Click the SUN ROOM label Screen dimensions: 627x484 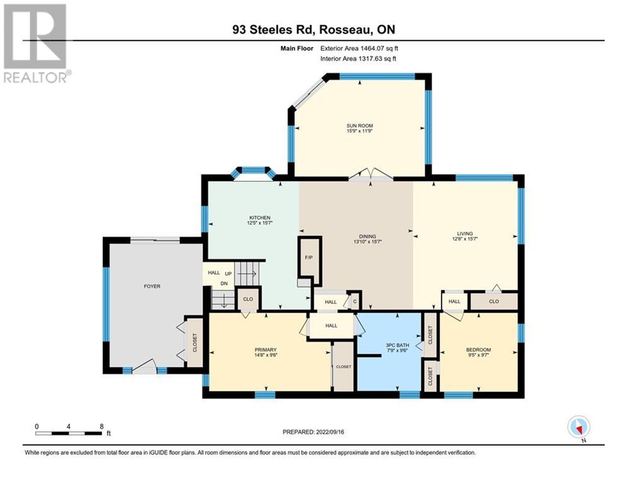(x=359, y=125)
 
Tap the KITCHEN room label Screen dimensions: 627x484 (x=260, y=217)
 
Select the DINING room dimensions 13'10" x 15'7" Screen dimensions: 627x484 (x=367, y=241)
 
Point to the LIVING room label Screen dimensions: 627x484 (x=464, y=234)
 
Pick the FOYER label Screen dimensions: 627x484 (x=152, y=286)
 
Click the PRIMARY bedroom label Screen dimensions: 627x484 (x=265, y=350)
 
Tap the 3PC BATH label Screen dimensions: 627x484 (x=398, y=345)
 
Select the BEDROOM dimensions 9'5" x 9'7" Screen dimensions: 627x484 (x=478, y=355)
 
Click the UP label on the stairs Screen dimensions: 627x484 (x=228, y=274)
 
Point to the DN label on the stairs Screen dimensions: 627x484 (x=224, y=284)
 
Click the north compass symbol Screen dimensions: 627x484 (x=578, y=427)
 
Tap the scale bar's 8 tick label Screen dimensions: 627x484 (x=101, y=427)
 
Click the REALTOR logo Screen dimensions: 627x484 (x=37, y=43)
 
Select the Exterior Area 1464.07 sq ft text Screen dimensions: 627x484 (x=359, y=49)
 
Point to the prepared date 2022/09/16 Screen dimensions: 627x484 (x=330, y=432)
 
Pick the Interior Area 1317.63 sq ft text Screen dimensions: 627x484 (x=359, y=59)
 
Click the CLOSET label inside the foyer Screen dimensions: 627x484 (x=195, y=343)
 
